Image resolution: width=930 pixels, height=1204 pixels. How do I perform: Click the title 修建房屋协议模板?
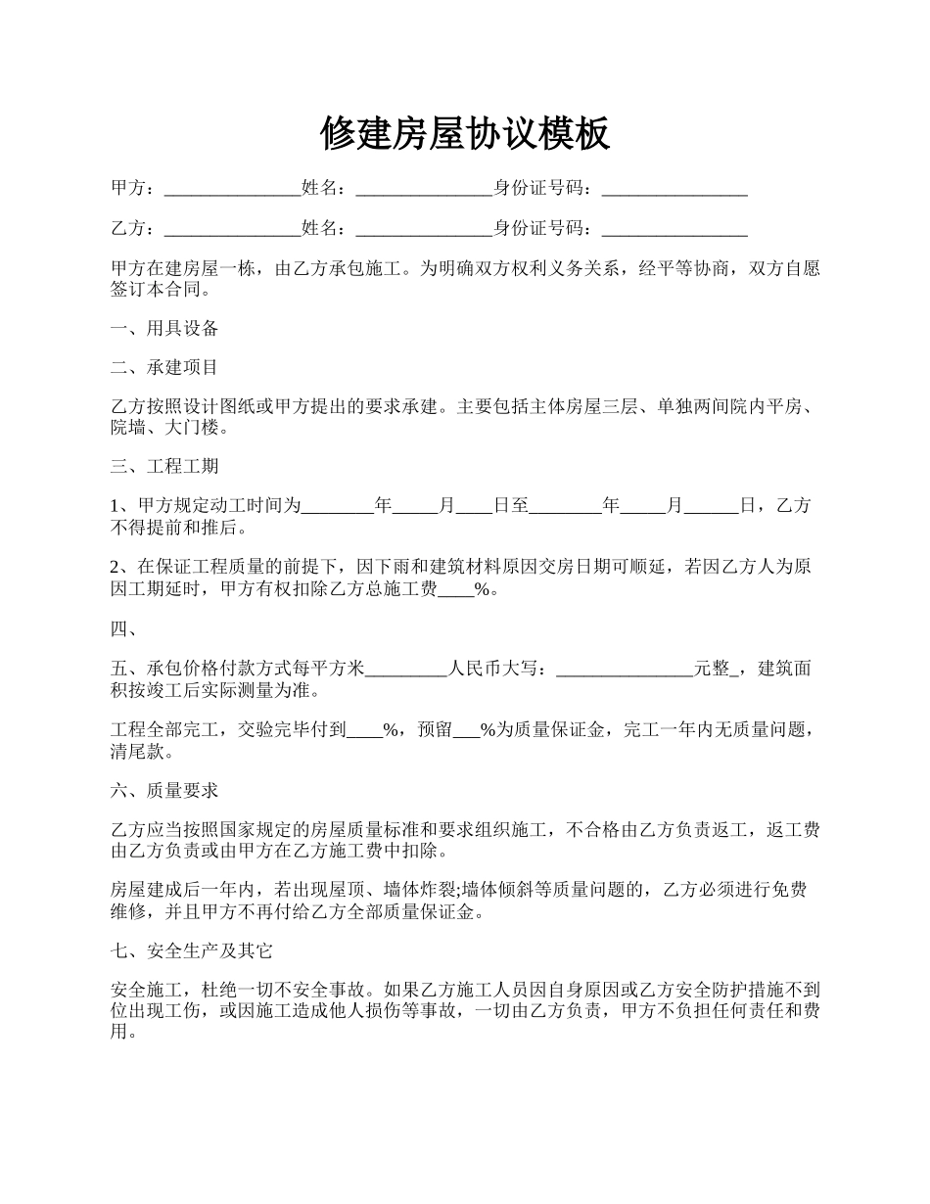coord(465,133)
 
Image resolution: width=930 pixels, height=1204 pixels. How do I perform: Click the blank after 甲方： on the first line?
coord(232,189)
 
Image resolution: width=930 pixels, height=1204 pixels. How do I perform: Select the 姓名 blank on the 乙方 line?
coord(424,229)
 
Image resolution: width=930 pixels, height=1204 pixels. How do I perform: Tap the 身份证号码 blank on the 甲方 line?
coord(674,189)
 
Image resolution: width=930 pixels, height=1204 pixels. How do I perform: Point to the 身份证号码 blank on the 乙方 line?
coord(674,229)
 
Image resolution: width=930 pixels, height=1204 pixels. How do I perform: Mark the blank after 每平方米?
coord(406,670)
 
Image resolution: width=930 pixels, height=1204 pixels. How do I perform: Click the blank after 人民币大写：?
coord(625,670)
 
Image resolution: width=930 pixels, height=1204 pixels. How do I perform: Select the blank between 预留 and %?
coord(466,729)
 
